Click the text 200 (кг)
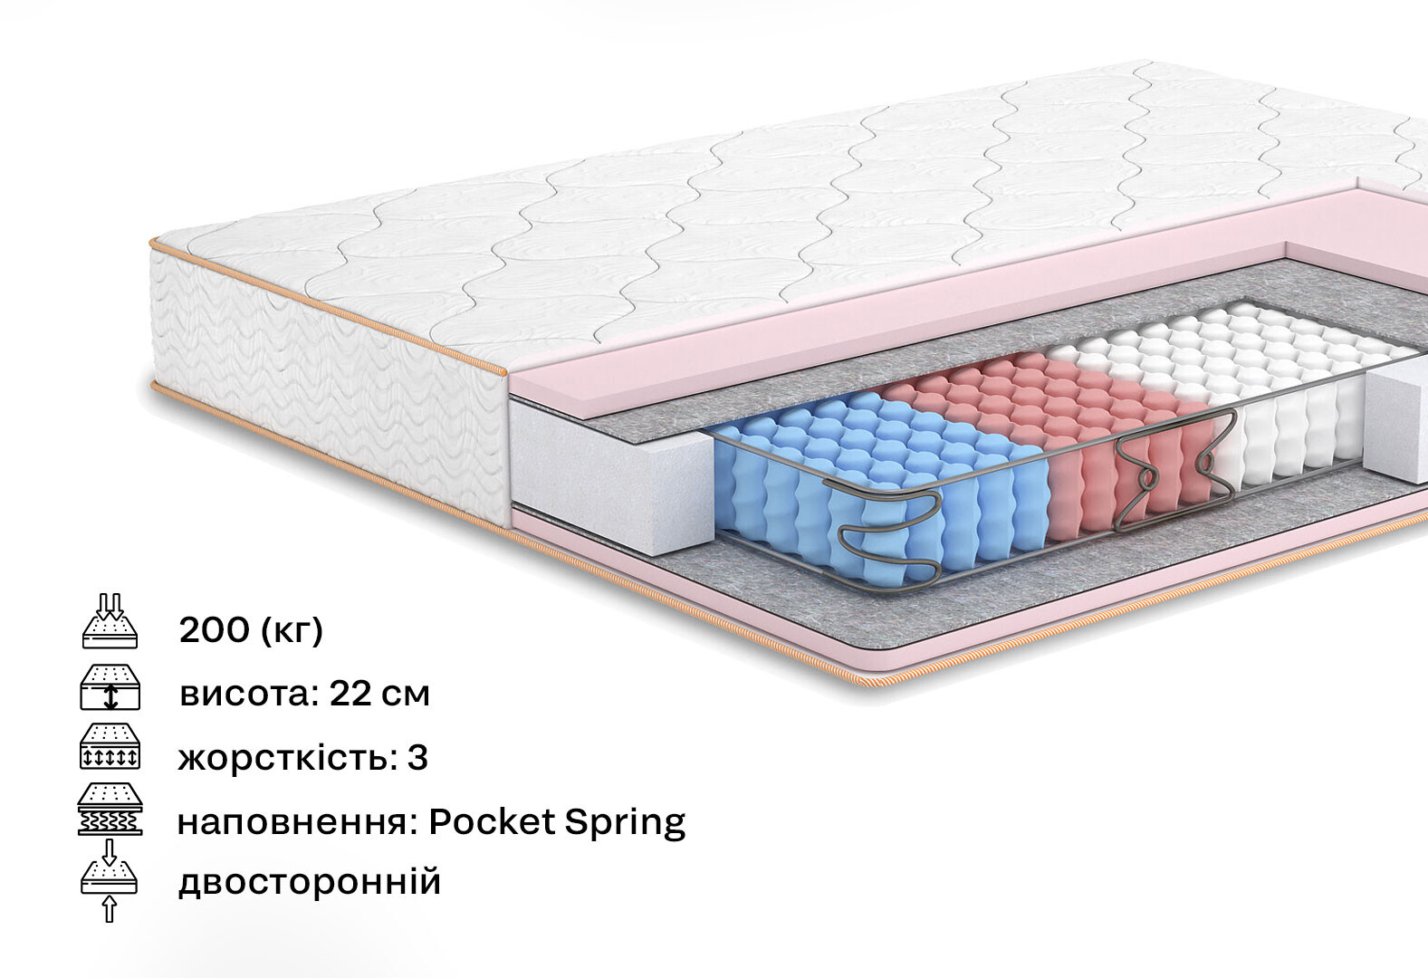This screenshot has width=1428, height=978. (251, 630)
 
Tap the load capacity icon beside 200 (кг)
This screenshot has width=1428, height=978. (110, 622)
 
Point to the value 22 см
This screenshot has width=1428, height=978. (379, 695)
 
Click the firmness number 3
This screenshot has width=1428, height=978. (417, 758)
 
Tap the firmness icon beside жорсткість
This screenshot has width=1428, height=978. (110, 747)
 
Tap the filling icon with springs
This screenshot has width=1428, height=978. (110, 810)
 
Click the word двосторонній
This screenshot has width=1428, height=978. (310, 881)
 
